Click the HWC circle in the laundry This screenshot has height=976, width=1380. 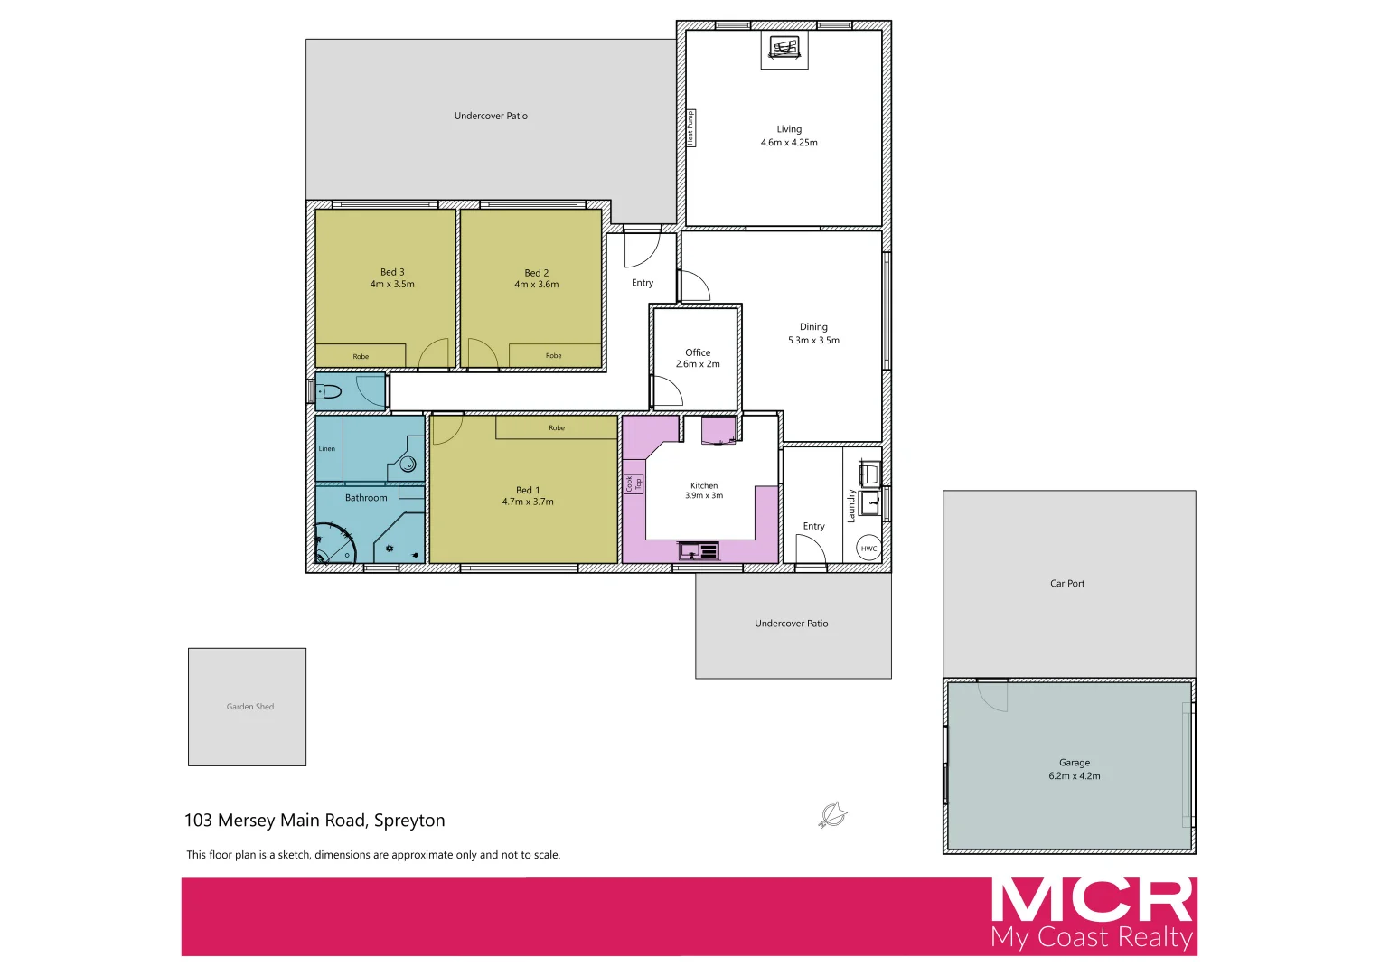pyautogui.click(x=868, y=549)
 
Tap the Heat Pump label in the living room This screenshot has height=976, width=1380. pyautogui.click(x=690, y=127)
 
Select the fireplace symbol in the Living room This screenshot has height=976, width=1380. pyautogui.click(x=784, y=48)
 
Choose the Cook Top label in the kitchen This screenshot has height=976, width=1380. pyautogui.click(x=634, y=483)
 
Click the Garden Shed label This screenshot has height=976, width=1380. pyautogui.click(x=250, y=707)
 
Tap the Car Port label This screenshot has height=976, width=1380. pyautogui.click(x=1067, y=584)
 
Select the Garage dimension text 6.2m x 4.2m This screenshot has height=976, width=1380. pyautogui.click(x=1075, y=776)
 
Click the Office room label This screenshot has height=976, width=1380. pyautogui.click(x=698, y=352)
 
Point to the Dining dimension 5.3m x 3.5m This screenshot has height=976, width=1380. pyautogui.click(x=813, y=341)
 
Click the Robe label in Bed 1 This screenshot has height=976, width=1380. pyautogui.click(x=557, y=427)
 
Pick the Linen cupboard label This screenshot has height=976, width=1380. pyautogui.click(x=327, y=448)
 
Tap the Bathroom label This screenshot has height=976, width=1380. pyautogui.click(x=366, y=498)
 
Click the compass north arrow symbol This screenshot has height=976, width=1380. pyautogui.click(x=831, y=814)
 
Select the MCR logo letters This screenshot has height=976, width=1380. pyautogui.click(x=1093, y=900)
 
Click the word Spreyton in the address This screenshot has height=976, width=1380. pyautogui.click(x=409, y=821)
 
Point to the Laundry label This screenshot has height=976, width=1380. pyautogui.click(x=851, y=506)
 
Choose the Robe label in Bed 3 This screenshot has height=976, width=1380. pyautogui.click(x=361, y=356)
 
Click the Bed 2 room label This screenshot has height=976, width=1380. pyautogui.click(x=537, y=273)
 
